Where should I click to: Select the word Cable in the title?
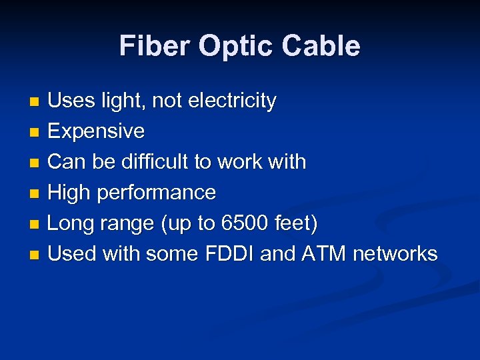pyautogui.click(x=321, y=46)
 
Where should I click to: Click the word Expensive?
pyautogui.click(x=96, y=131)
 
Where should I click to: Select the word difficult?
pyautogui.click(x=164, y=161)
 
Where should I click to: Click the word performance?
pyautogui.click(x=157, y=193)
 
